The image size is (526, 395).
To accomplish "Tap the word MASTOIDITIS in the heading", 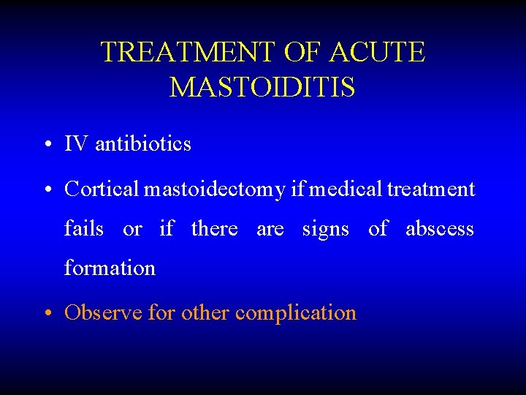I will click(x=262, y=88).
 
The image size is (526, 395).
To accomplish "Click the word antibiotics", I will click(x=143, y=144).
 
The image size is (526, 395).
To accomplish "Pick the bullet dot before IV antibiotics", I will click(x=46, y=145).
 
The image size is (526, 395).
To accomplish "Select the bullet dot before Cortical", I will click(x=46, y=190).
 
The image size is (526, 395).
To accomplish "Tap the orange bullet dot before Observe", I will click(x=46, y=314).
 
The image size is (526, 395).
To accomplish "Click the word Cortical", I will click(x=102, y=189).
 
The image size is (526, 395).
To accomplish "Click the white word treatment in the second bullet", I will click(x=431, y=189).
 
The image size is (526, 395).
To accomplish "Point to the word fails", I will click(x=84, y=229).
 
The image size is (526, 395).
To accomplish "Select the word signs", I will click(x=326, y=230).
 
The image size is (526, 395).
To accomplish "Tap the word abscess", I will click(x=440, y=230).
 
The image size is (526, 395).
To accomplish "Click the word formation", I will click(x=110, y=268).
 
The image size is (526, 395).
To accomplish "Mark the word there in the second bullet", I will click(x=214, y=229).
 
